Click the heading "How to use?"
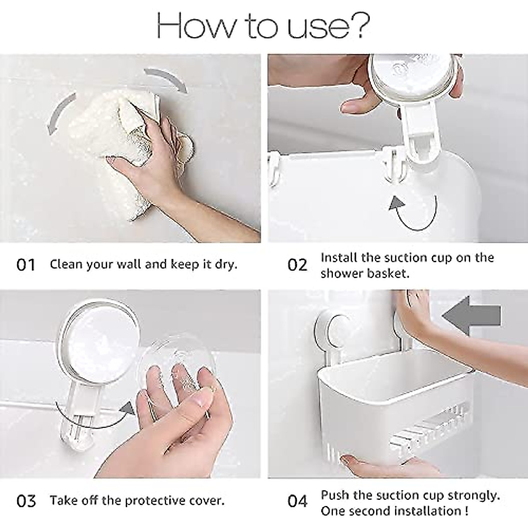click(263, 26)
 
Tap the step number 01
click(26, 265)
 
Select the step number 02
click(297, 265)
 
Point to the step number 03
click(26, 501)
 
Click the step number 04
click(297, 501)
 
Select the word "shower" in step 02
click(343, 273)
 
